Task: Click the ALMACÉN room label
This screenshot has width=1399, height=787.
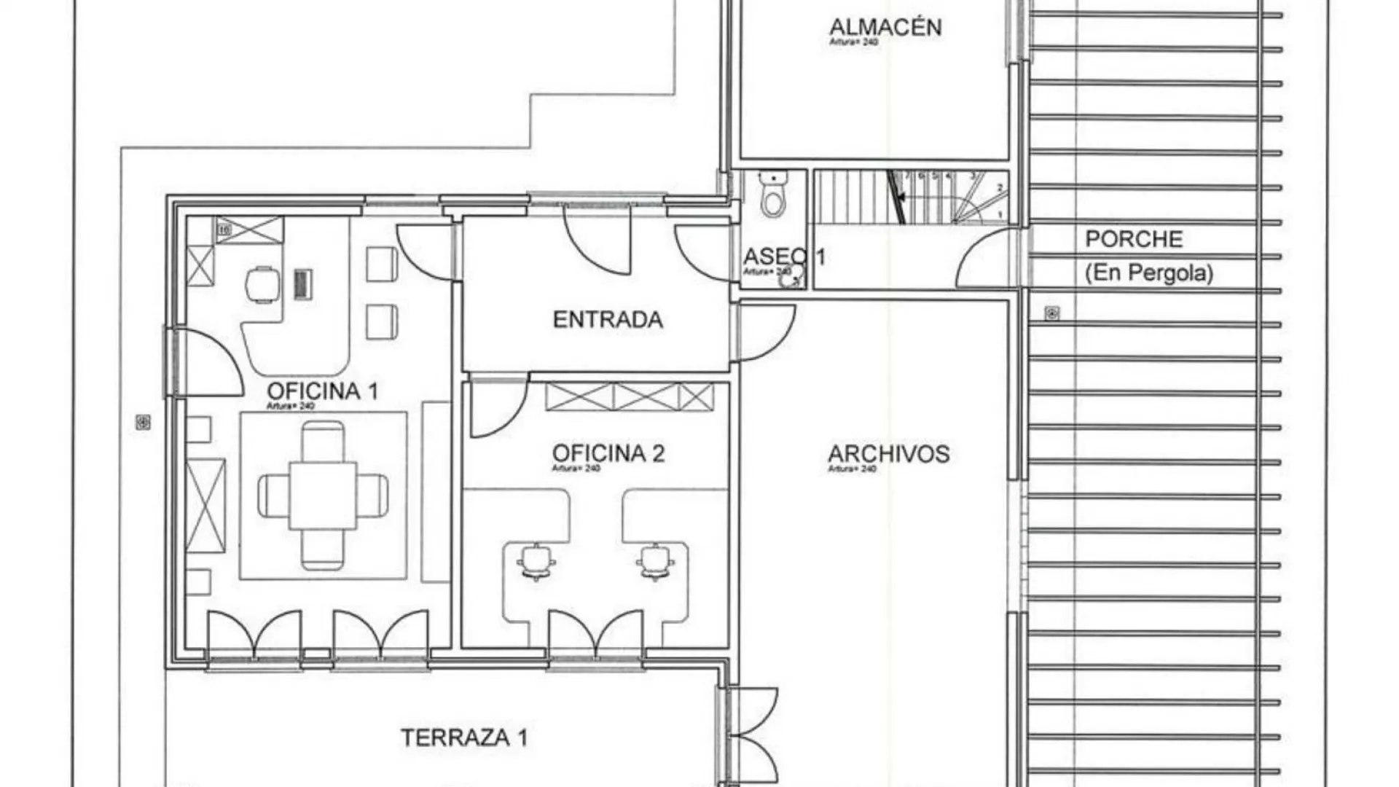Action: (885, 27)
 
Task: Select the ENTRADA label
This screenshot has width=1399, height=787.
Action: (608, 319)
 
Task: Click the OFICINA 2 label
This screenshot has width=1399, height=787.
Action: (608, 453)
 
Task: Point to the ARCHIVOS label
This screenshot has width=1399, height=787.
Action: (888, 454)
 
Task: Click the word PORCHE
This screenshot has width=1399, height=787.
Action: (1134, 239)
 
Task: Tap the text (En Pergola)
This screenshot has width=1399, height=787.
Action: (1148, 273)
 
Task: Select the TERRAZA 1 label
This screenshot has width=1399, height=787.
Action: (463, 737)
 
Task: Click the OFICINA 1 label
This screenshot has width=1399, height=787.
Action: (322, 391)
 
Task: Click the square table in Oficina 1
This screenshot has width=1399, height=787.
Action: (323, 495)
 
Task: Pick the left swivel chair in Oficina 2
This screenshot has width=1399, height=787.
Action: (536, 561)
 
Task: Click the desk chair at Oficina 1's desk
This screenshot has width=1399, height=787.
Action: (262, 284)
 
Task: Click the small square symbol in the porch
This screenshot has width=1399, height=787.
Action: (1051, 313)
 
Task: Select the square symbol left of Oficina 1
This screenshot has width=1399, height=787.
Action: (143, 422)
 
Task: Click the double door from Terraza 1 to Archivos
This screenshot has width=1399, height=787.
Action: (751, 736)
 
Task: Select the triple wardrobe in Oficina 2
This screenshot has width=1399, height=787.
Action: (629, 397)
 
